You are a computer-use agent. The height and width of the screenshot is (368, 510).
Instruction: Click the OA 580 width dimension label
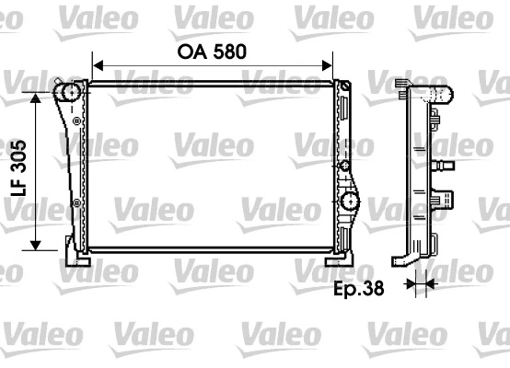(x=212, y=52)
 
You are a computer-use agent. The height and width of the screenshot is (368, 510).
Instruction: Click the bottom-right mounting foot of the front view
(x=344, y=252)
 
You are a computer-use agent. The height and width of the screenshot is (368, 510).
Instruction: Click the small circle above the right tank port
(x=343, y=167)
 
